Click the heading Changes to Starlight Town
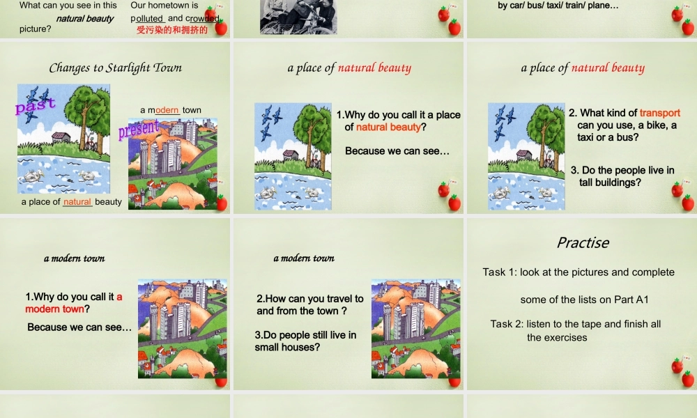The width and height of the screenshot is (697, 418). pos(115,68)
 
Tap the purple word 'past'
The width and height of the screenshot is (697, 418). pos(34,107)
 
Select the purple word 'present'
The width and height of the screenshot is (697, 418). pos(139,129)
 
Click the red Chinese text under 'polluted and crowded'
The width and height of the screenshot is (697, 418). pos(172,29)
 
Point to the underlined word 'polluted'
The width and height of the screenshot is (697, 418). pos(147,18)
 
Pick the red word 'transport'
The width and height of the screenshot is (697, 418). pos(659,113)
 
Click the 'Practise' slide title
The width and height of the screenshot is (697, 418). pos(582,242)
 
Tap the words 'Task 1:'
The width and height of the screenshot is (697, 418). pos(498,272)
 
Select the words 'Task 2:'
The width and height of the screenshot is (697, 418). pos(506,323)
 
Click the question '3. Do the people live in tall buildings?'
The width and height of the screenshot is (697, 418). pos(622,176)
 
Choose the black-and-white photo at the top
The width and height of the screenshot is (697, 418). pos(298,16)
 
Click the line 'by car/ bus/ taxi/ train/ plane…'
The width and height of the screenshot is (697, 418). pos(558,6)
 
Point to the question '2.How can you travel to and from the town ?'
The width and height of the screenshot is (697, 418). pos(309,304)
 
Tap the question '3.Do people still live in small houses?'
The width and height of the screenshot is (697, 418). pos(305,341)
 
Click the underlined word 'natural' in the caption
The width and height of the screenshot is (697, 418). pos(77,202)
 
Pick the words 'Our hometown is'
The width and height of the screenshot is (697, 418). pos(164,6)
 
